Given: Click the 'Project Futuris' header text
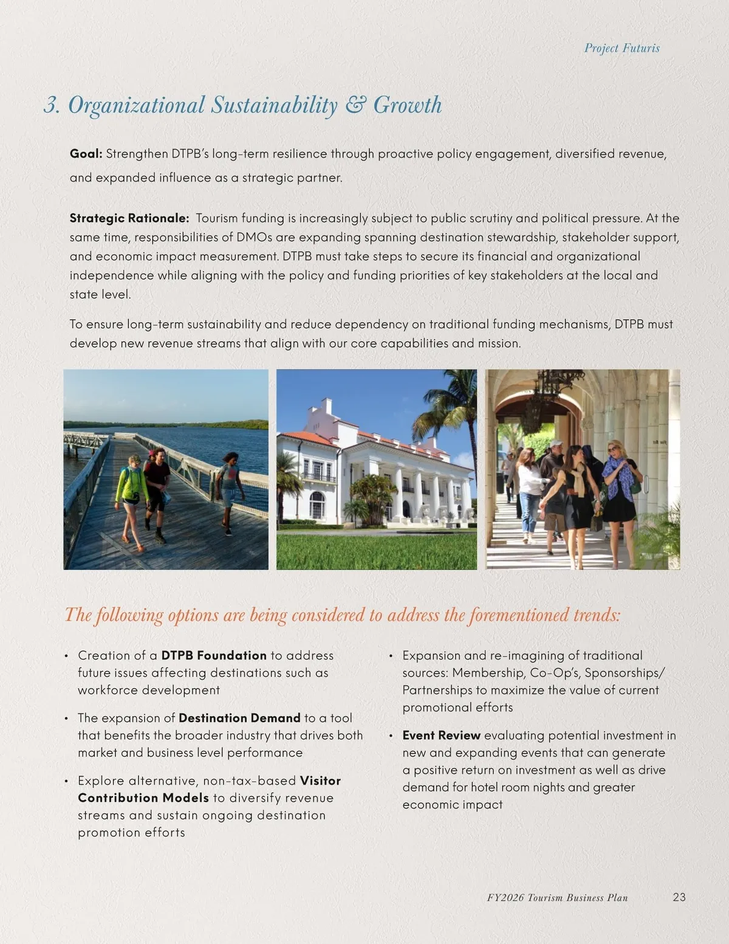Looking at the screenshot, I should point(621,48).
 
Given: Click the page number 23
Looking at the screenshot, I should point(679,897).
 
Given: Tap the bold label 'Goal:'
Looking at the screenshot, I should point(86,154).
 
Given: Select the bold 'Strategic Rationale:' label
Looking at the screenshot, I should point(129,218).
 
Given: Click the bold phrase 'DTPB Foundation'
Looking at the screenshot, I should point(214,655).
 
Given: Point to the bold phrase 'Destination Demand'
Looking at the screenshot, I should point(239,718).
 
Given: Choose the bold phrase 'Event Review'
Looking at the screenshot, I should point(442,736).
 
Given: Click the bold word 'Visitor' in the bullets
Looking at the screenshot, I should point(320,780).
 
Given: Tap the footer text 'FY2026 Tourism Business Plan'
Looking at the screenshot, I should point(557,898).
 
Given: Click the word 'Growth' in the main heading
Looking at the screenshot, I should point(407,105).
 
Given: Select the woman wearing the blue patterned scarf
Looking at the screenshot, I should point(620,486).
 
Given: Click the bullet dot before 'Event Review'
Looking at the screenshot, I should point(392,736).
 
